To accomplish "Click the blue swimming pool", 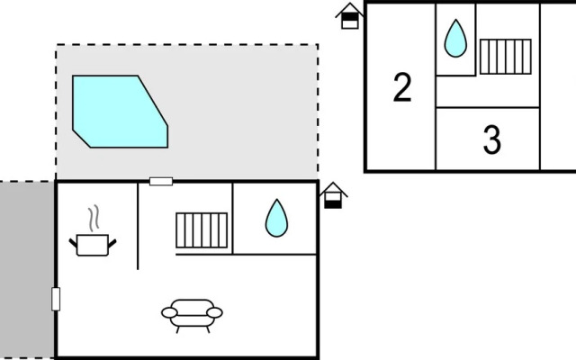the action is pyautogui.click(x=120, y=112).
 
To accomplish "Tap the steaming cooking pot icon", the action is pyautogui.click(x=93, y=230).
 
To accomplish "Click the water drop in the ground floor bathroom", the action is pyautogui.click(x=276, y=218).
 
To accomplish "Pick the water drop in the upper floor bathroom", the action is pyautogui.click(x=455, y=38).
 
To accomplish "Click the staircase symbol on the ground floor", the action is pyautogui.click(x=202, y=230).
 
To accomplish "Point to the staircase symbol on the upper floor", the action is pyautogui.click(x=506, y=57).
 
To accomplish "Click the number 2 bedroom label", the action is pyautogui.click(x=402, y=87).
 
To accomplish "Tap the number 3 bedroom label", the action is pyautogui.click(x=492, y=140).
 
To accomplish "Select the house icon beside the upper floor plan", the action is pyautogui.click(x=350, y=16).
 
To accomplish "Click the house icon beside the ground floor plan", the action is pyautogui.click(x=333, y=196).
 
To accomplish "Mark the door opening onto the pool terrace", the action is pyautogui.click(x=161, y=181).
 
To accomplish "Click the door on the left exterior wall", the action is pyautogui.click(x=56, y=299).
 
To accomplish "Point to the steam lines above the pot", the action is pyautogui.click(x=94, y=218).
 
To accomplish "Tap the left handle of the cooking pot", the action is pyautogui.click(x=73, y=243).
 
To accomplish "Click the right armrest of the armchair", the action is pyautogui.click(x=214, y=312).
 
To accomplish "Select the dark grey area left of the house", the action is pyautogui.click(x=27, y=270).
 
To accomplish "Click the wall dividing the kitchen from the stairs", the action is pyautogui.click(x=138, y=226).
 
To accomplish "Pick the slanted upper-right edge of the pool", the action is pyautogui.click(x=153, y=101).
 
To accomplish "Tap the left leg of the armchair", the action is pyautogui.click(x=178, y=329).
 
